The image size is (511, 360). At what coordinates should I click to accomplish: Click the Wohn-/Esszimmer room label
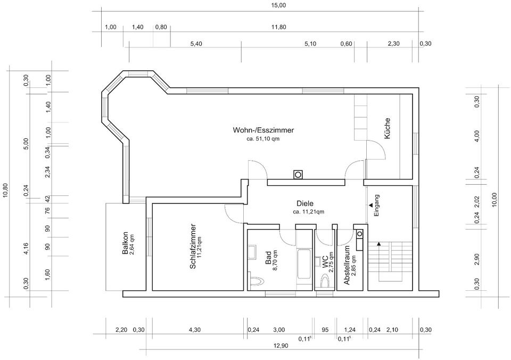(263, 130)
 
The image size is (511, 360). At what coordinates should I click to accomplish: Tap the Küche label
(388, 128)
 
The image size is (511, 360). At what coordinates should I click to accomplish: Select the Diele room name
(304, 203)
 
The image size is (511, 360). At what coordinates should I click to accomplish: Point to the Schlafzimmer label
(193, 246)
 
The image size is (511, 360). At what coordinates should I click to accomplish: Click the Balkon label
(125, 244)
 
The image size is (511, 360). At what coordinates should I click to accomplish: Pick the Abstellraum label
(347, 266)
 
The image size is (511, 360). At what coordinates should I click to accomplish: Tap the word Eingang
(376, 205)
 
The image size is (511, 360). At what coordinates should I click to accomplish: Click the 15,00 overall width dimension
(278, 5)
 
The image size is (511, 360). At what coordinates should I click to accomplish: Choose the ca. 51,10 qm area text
(263, 138)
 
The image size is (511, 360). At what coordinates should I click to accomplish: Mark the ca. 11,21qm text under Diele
(308, 211)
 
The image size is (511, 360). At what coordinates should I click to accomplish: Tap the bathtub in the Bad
(304, 263)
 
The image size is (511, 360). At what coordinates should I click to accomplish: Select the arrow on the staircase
(379, 243)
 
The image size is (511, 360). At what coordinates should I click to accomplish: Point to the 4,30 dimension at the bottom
(195, 330)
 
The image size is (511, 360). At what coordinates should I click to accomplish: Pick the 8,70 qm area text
(275, 261)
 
